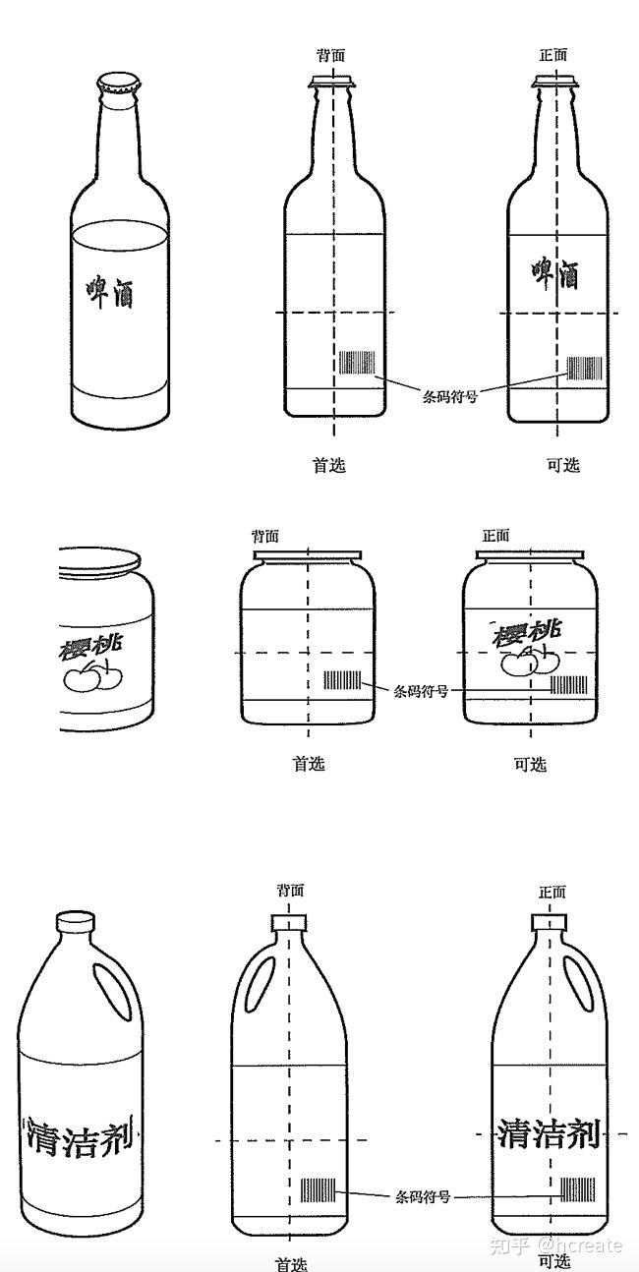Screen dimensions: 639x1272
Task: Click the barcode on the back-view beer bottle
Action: point(357,362)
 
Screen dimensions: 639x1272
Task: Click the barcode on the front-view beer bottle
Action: point(584,369)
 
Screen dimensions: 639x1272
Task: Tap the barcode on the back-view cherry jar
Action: point(343,679)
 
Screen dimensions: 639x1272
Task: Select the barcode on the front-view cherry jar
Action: point(568,685)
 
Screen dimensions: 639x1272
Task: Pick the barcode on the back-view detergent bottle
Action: point(318,1190)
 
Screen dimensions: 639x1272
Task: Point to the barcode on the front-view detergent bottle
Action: point(577,1190)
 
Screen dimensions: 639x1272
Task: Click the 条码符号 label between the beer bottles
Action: point(450,397)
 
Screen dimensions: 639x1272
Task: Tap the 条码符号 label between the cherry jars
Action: point(421,691)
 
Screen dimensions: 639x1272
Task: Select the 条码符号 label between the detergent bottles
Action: point(423,1196)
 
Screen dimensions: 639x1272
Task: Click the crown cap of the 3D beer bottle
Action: point(117,83)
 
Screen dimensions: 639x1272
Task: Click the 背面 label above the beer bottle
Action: point(331,55)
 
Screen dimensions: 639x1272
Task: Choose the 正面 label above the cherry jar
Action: point(495,536)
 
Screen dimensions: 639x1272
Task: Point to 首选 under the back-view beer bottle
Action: point(329,465)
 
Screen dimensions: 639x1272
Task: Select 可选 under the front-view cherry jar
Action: point(530,764)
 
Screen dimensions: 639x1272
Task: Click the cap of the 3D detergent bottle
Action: point(75,922)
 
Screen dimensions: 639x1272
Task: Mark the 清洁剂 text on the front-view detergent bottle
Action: point(548,1132)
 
